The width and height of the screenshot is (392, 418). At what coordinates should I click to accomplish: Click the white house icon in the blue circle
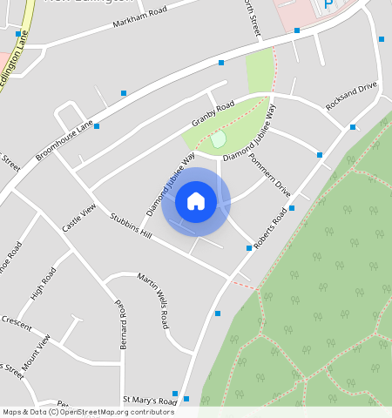[196, 201]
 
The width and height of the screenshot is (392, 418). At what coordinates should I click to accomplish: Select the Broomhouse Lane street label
[64, 140]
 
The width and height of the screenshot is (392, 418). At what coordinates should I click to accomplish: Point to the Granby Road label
[213, 116]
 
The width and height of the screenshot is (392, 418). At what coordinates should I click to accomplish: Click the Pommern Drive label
[270, 174]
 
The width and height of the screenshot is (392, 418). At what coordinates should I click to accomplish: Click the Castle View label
[78, 217]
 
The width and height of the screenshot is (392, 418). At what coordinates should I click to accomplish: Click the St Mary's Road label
[150, 400]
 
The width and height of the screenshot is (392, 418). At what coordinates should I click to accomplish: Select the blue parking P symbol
[328, 4]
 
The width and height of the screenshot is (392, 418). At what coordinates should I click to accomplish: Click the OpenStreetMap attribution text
[77, 412]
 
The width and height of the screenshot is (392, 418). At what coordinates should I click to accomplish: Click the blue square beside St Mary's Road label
[175, 394]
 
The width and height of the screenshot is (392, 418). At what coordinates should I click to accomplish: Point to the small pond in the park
[218, 138]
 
